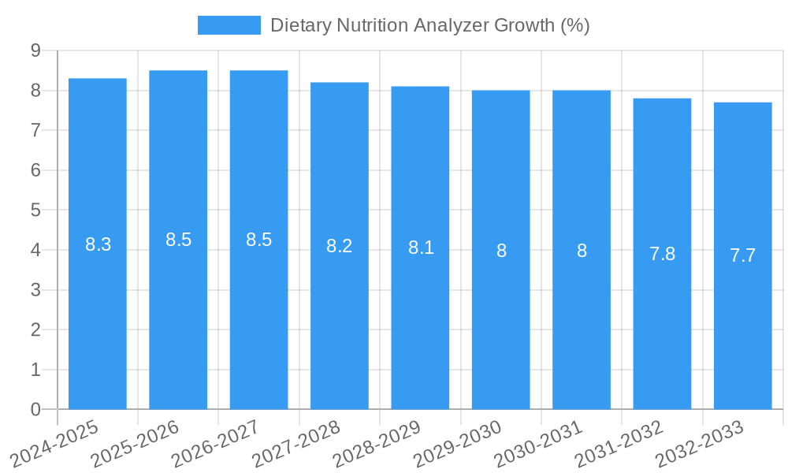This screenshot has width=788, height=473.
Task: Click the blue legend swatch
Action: tap(229, 25)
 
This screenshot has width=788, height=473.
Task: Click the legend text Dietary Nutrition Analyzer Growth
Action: tap(429, 25)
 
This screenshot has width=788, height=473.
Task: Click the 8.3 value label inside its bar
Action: tap(98, 244)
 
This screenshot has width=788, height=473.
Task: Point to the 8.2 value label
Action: tap(339, 246)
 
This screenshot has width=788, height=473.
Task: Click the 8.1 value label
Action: tap(420, 248)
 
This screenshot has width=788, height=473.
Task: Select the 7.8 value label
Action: tap(662, 254)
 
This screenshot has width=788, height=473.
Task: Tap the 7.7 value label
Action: tap(742, 255)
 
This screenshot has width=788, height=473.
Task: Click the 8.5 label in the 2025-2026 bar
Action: tap(178, 240)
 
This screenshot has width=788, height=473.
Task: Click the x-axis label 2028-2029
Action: tap(377, 444)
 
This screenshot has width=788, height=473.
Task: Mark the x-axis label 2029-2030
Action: tap(458, 444)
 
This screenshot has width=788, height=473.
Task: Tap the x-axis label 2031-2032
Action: tap(619, 444)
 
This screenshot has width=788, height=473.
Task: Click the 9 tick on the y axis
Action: tap(35, 50)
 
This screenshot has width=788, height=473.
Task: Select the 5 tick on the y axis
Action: tap(35, 210)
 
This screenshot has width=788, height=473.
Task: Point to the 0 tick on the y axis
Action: tap(35, 410)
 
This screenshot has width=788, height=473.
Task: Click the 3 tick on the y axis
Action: tap(35, 290)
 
